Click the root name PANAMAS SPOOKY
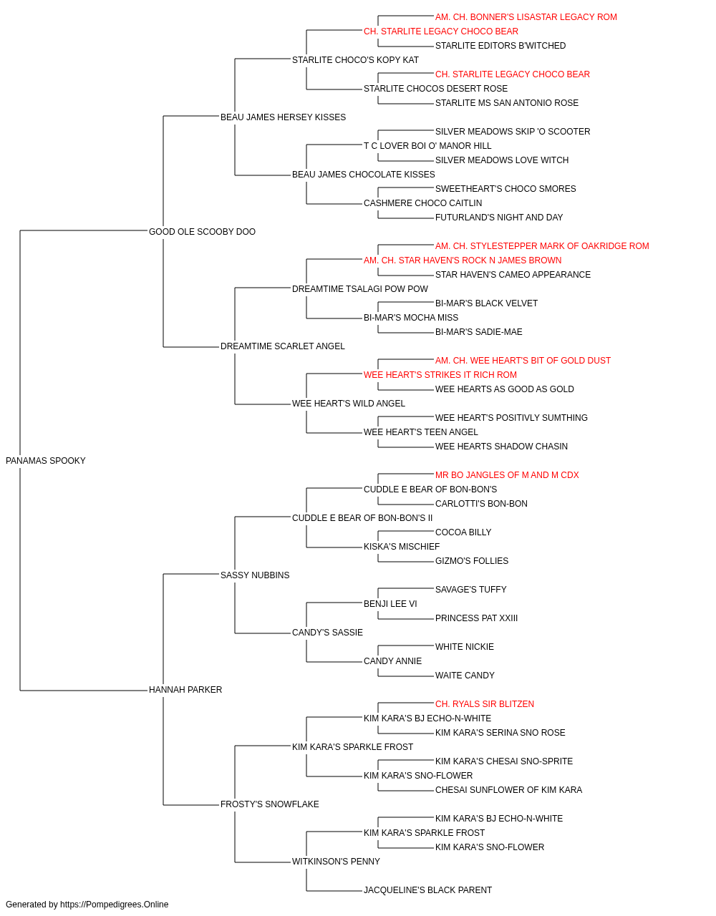point(46,461)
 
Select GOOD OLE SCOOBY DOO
point(202,232)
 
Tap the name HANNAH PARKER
point(185,690)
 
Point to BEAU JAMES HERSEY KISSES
point(283,117)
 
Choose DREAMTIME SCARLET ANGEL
point(283,346)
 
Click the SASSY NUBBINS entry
point(255,575)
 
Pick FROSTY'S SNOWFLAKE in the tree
point(269,804)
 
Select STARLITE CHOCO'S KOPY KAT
point(355,60)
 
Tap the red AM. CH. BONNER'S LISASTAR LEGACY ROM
point(526,17)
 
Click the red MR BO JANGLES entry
point(507,475)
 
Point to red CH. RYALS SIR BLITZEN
point(485,704)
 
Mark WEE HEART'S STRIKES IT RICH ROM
point(440,375)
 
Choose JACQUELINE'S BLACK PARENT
point(427,890)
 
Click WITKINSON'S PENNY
point(336,862)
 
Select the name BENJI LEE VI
point(390,604)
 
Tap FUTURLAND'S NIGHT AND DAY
point(499,218)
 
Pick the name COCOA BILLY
point(463,532)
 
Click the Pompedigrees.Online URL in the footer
point(114,905)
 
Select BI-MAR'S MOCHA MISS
point(411,318)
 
